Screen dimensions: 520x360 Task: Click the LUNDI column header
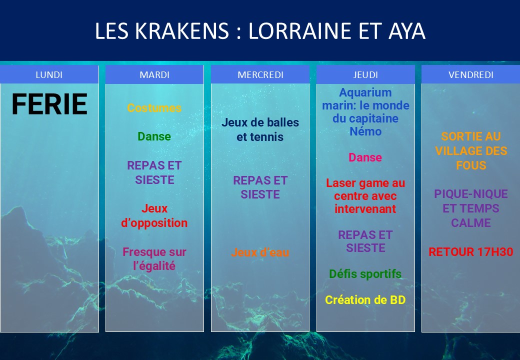[49, 74]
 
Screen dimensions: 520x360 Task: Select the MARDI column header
[154, 74]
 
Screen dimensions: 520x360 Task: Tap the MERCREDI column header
[260, 74]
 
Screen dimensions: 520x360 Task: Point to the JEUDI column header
[365, 74]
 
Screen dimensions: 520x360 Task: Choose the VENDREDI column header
[471, 74]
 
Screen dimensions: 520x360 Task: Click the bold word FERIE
[49, 104]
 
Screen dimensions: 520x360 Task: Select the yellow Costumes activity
[154, 107]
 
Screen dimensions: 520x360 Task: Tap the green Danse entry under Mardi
[154, 136]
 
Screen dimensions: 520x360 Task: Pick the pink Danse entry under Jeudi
[365, 157]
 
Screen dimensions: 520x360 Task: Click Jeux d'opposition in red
[154, 215]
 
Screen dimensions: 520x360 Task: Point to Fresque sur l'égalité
[154, 258]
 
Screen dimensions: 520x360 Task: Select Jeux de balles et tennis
[260, 129]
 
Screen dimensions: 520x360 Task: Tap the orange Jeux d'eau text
[260, 252]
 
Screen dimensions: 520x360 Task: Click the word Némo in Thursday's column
[365, 131]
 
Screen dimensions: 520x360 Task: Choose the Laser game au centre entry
[365, 196]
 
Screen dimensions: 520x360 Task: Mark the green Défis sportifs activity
[365, 274]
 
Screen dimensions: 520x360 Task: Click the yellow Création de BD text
[365, 299]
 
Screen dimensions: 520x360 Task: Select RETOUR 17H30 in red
[471, 252]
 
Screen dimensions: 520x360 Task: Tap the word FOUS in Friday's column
[471, 165]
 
